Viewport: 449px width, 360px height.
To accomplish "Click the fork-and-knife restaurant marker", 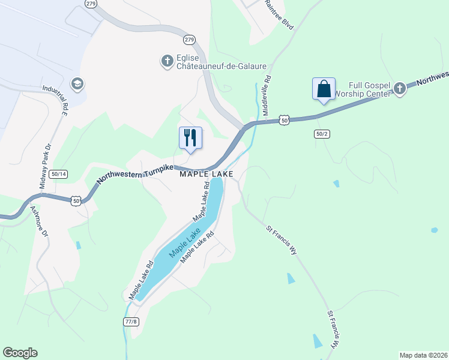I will (191, 138).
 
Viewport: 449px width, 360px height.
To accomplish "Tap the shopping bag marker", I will (324, 89).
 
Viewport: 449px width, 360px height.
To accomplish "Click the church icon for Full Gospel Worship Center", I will (400, 89).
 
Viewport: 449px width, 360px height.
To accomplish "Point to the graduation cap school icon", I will (76, 83).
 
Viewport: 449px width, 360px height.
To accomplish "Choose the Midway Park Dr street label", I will (47, 166).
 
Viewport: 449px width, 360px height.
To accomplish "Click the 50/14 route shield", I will (60, 173).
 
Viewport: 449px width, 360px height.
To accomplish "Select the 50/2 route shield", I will (322, 134).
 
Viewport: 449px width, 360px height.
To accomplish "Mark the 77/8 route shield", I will (131, 322).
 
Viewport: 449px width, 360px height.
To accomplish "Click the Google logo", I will (20, 353).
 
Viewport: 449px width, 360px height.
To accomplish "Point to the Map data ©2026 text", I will (423, 355).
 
